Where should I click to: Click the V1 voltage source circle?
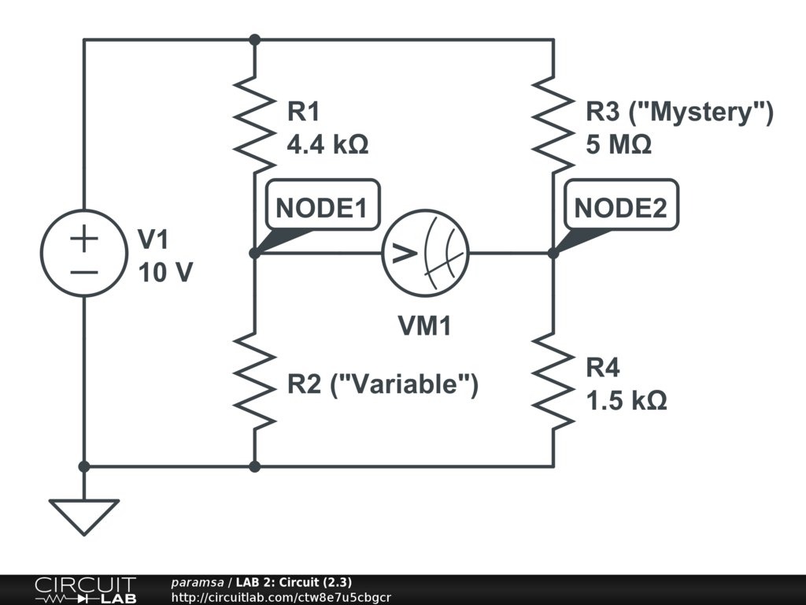[x=84, y=253]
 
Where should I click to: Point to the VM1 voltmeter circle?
[x=425, y=253]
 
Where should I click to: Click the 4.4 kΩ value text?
[x=327, y=145]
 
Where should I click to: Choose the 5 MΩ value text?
[x=619, y=145]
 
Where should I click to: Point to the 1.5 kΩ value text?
[x=627, y=400]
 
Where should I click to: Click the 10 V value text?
[x=165, y=273]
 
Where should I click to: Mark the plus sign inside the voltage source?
[x=84, y=239]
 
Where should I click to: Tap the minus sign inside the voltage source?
[x=84, y=272]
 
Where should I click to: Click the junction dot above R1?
[x=254, y=39]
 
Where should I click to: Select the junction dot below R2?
[x=254, y=466]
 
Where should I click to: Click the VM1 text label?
[x=424, y=325]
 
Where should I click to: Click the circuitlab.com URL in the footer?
[x=281, y=598]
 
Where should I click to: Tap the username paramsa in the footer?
[x=198, y=583]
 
